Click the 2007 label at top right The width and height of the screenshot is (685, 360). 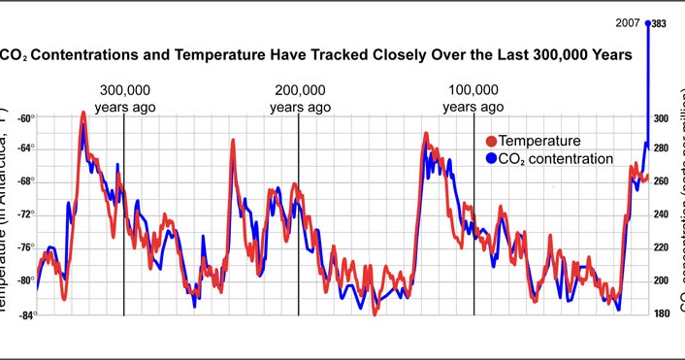pyautogui.click(x=626, y=23)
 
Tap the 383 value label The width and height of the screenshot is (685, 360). pyautogui.click(x=658, y=24)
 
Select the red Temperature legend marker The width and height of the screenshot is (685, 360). pyautogui.click(x=490, y=141)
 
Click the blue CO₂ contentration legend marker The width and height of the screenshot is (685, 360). pyautogui.click(x=490, y=158)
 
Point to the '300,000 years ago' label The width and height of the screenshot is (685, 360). pyautogui.click(x=122, y=98)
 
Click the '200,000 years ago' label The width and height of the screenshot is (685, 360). pyautogui.click(x=300, y=98)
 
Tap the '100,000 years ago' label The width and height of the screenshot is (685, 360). pyautogui.click(x=473, y=98)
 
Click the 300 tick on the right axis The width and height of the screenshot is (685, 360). pyautogui.click(x=661, y=118)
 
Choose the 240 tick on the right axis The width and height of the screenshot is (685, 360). pyautogui.click(x=661, y=215)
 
